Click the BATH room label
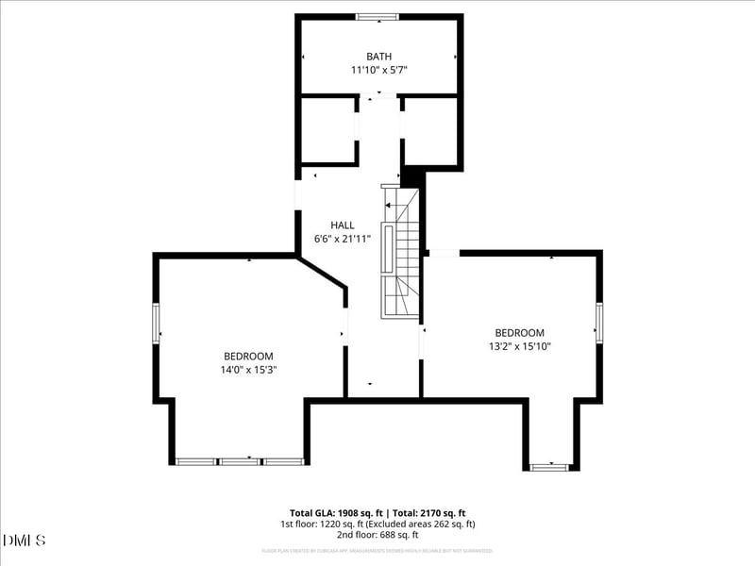tap(378, 57)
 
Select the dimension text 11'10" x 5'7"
tap(378, 70)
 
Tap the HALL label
tap(343, 225)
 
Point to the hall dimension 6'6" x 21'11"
tap(343, 239)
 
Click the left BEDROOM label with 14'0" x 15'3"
tap(248, 356)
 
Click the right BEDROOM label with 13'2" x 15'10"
tap(520, 333)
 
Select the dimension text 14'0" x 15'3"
tap(248, 369)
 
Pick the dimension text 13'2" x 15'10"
tap(520, 346)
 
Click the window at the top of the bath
tap(377, 16)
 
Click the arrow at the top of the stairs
tap(389, 205)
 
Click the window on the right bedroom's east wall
tap(598, 324)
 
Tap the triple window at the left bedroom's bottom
tap(240, 461)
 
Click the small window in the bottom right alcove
tap(549, 466)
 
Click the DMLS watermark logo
tap(24, 541)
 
